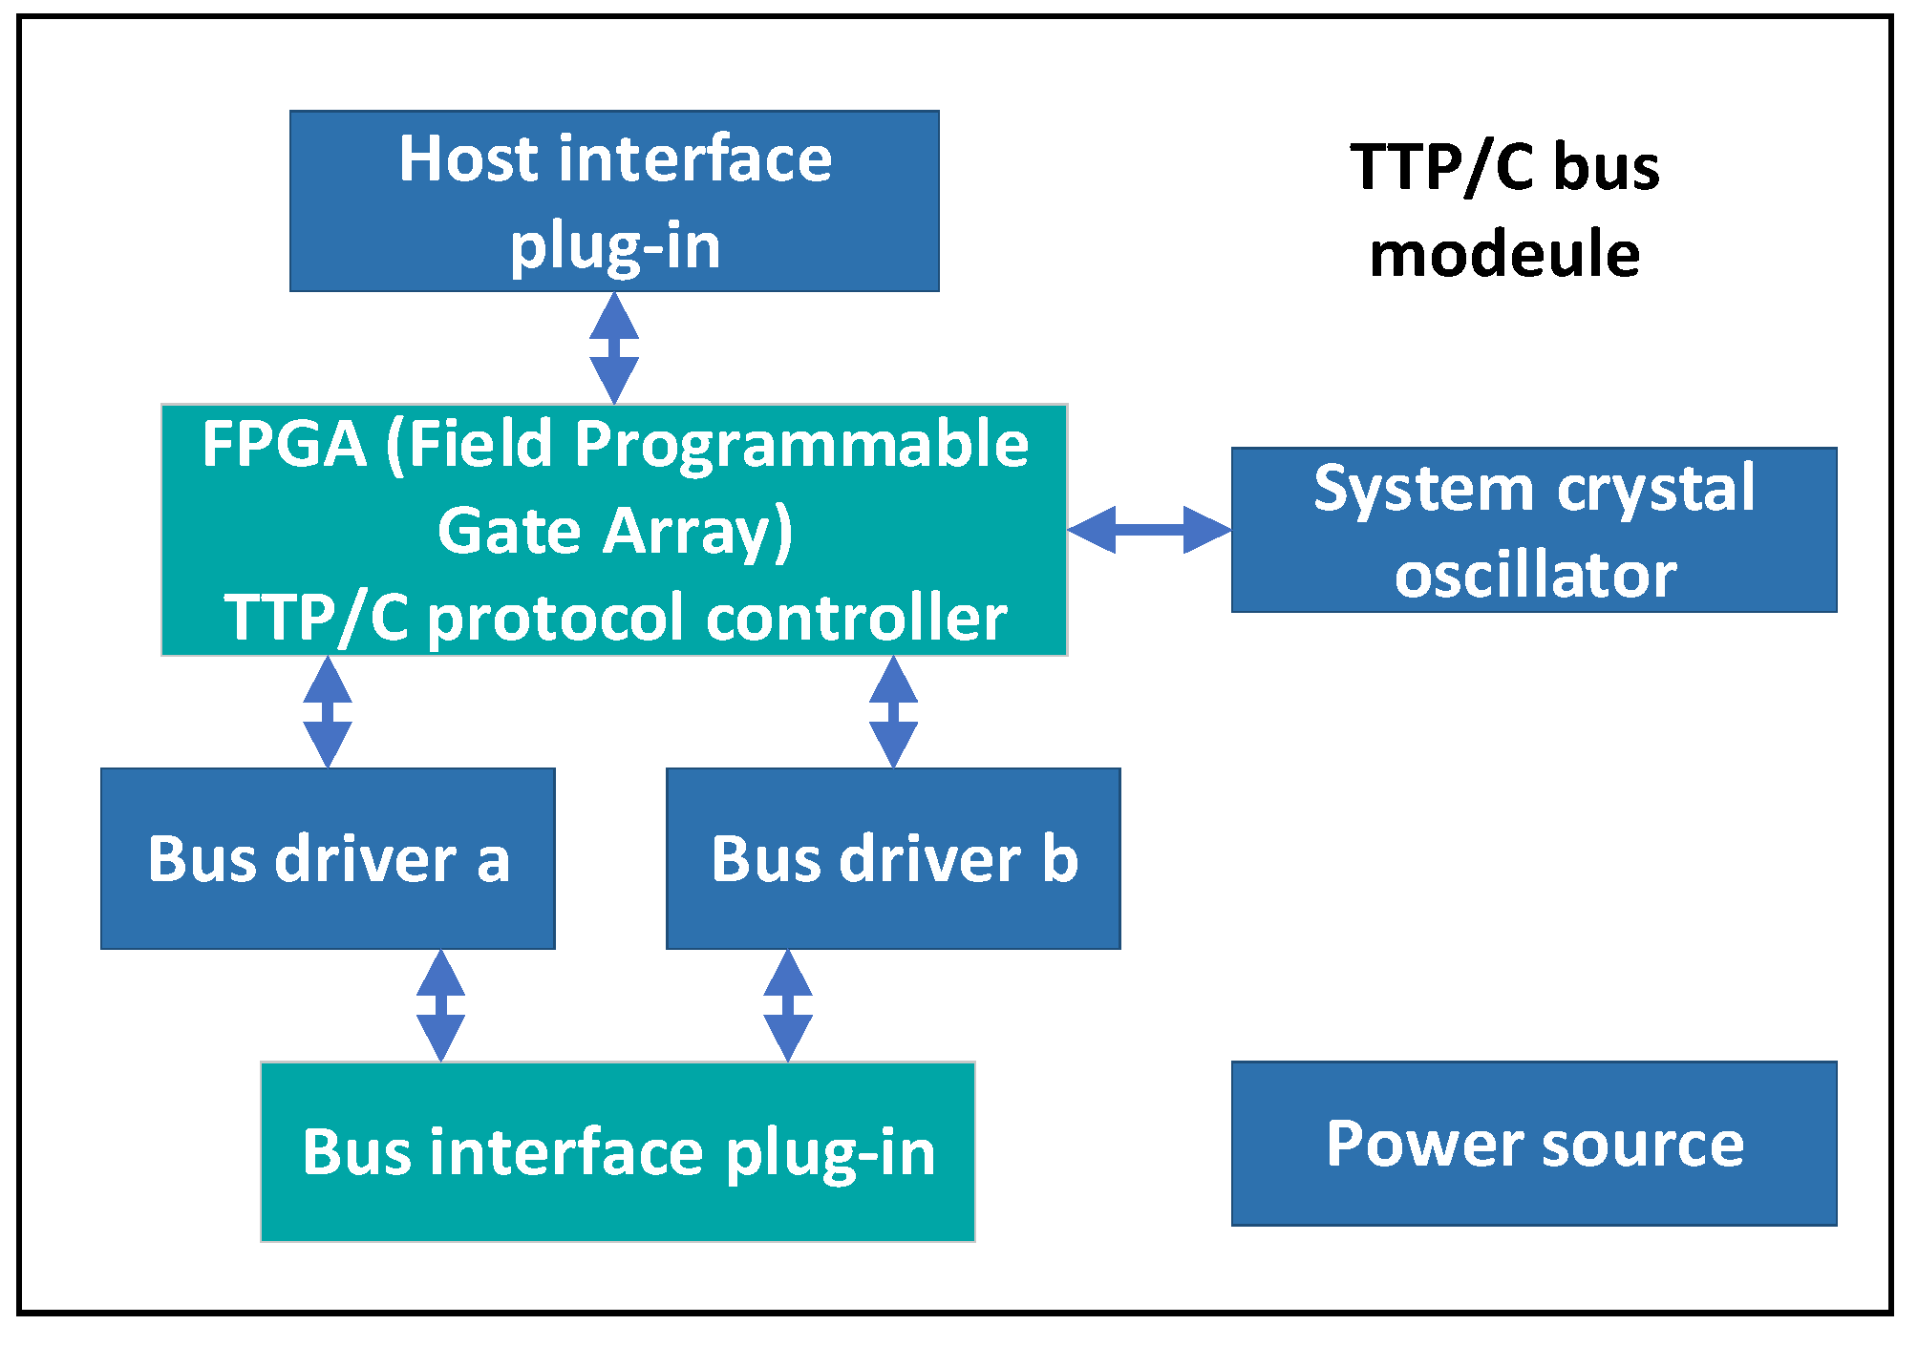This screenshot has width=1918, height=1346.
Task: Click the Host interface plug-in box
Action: (614, 200)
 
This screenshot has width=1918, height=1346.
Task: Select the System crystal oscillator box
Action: (1534, 530)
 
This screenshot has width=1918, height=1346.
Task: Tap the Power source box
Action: (1534, 1143)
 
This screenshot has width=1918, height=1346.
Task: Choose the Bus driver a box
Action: (328, 858)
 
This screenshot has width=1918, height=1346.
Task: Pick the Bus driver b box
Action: (893, 858)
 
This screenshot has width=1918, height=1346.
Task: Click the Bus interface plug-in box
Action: (618, 1151)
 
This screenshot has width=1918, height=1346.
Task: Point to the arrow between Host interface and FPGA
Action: (614, 347)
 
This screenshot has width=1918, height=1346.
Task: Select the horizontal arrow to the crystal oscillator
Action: (1149, 530)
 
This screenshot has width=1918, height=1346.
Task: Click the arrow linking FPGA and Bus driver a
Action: (328, 712)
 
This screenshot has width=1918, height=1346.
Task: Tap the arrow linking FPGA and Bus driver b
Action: (893, 712)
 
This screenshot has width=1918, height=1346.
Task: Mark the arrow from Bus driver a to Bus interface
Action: (440, 1005)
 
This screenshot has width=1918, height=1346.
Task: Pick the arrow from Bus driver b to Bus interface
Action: (787, 1005)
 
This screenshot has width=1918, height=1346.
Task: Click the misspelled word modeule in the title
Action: (1504, 255)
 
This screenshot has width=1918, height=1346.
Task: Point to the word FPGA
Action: (284, 444)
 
